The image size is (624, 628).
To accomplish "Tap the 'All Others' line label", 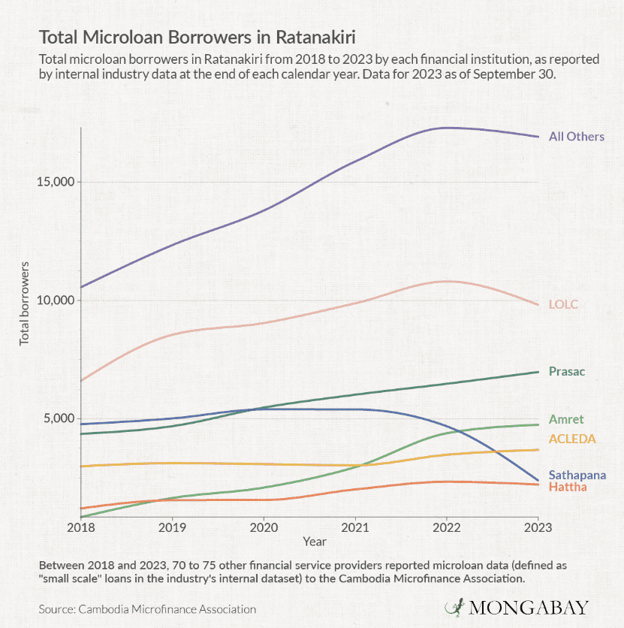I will click(576, 137).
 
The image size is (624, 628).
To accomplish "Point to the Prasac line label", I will click(566, 371).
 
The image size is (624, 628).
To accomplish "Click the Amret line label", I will click(565, 420).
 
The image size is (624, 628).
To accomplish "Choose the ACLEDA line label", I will click(572, 438).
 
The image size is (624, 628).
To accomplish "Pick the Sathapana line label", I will click(577, 475).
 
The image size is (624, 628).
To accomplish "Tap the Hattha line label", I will click(568, 488).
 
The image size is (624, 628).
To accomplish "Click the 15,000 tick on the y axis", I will click(55, 182).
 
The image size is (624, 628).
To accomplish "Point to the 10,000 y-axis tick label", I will click(55, 300).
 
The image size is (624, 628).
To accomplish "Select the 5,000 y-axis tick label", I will click(58, 418).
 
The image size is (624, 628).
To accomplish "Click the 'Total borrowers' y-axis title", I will click(24, 303).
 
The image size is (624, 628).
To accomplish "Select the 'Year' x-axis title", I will click(315, 541).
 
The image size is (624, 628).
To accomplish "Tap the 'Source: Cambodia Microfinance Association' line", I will click(148, 609).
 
